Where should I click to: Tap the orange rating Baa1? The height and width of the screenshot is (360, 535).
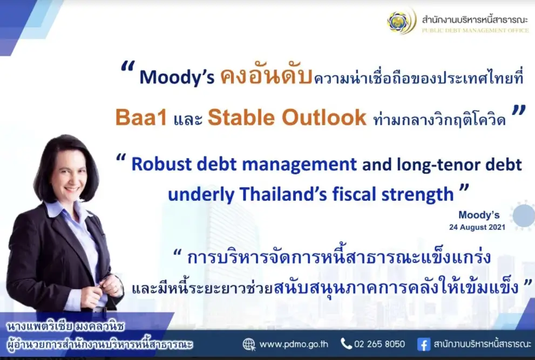tap(141, 117)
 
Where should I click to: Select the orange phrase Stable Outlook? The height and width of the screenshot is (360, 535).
tap(287, 117)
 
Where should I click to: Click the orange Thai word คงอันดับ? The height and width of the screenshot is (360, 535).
tap(266, 75)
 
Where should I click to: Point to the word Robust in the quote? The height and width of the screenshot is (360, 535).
tap(161, 164)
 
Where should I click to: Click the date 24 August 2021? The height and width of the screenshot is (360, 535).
tap(477, 227)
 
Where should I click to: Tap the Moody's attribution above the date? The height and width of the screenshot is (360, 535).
tap(479, 215)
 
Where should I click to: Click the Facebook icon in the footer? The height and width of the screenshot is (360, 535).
tap(424, 344)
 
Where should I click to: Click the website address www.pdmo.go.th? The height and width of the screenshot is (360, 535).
tap(294, 344)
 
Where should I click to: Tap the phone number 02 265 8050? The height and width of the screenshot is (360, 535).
tap(380, 344)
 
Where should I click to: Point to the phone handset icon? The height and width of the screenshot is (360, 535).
tap(346, 344)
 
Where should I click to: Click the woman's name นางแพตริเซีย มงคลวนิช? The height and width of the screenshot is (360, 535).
tap(66, 327)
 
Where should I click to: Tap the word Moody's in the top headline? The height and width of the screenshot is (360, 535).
tap(177, 77)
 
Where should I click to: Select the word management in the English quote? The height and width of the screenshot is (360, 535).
tap(299, 165)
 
